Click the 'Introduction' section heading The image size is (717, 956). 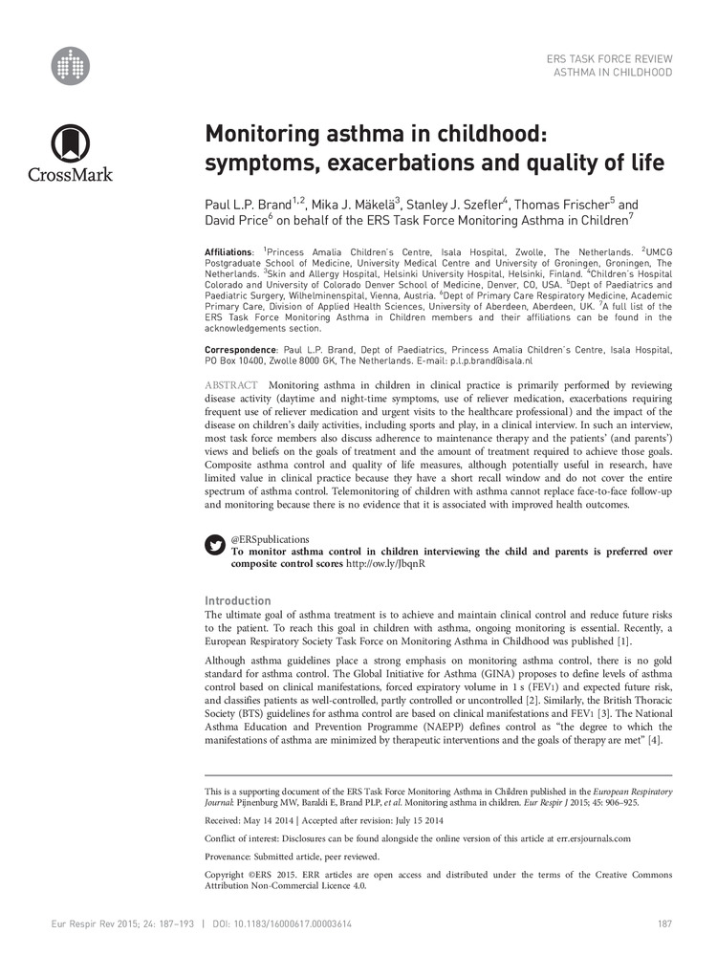[238, 600]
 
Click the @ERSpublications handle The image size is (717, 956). [271, 539]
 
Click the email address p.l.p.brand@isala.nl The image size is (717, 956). [490, 362]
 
